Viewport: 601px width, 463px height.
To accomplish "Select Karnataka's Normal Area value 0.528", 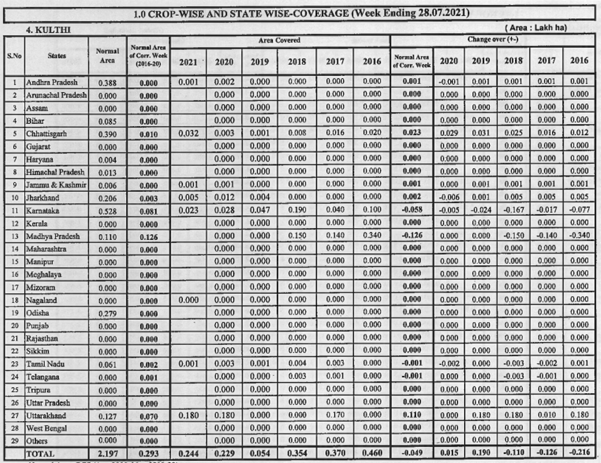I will click(107, 211).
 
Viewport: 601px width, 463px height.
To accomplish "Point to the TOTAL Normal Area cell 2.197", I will click(107, 454).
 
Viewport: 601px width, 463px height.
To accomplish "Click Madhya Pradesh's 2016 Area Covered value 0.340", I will click(371, 236).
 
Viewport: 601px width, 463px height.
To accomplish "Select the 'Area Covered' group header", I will click(279, 40).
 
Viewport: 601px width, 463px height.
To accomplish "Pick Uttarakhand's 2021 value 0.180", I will click(188, 415).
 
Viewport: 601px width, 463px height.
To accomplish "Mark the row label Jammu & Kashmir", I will click(56, 185).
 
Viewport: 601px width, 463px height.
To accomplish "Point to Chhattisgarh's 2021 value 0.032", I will click(188, 133).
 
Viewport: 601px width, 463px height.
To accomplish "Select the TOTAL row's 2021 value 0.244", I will click(188, 454).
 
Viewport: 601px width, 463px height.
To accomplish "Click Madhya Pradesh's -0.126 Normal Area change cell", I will click(412, 236).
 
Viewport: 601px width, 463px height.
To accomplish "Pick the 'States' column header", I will click(57, 56).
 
